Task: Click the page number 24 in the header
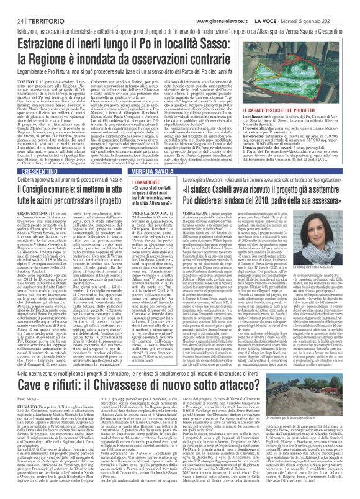click(x=11, y=6)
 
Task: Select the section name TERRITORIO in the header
click(x=35, y=6)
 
